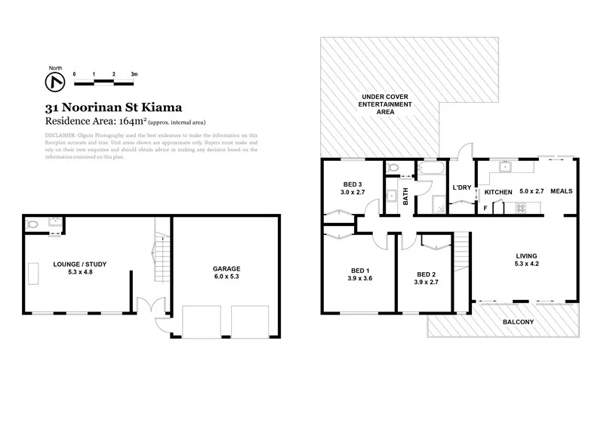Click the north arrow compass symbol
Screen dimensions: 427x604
tap(54, 79)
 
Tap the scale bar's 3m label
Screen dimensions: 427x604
tap(134, 74)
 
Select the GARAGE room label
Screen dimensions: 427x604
tap(226, 268)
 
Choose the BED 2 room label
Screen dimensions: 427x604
tap(427, 274)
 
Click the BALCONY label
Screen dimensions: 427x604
tap(518, 323)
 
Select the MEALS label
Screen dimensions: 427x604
tap(561, 192)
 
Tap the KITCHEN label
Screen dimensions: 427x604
tap(498, 193)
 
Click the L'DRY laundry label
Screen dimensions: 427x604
tap(461, 187)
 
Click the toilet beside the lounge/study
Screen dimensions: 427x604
tap(32, 224)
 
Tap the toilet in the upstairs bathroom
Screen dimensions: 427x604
tap(391, 168)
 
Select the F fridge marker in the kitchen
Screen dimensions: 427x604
tap(485, 207)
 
